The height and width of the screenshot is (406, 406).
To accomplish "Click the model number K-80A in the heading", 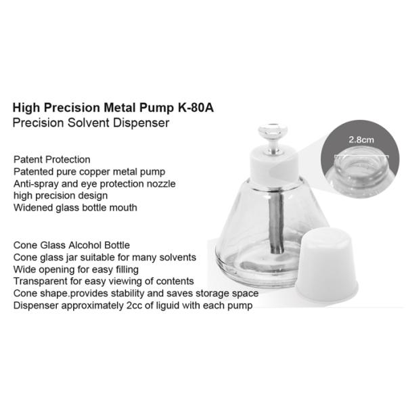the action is click(x=196, y=108).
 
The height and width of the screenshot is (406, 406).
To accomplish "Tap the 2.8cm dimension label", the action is click(x=361, y=140).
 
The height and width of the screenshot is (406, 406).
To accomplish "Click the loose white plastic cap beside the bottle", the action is click(x=327, y=265).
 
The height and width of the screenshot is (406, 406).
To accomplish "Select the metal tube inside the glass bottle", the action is click(x=277, y=223).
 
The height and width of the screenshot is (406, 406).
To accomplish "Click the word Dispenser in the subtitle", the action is click(x=141, y=122).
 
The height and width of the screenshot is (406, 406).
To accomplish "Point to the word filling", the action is click(x=127, y=269).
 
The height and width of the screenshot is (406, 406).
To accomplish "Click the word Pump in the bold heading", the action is click(x=156, y=108).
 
